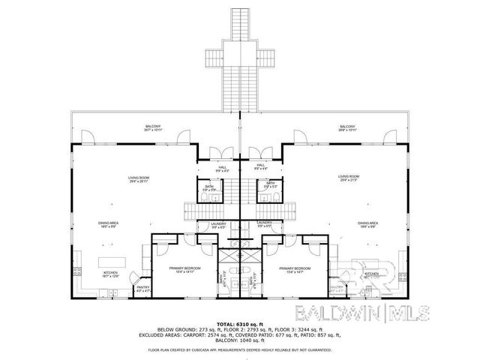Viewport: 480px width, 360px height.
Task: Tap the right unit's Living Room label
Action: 346,179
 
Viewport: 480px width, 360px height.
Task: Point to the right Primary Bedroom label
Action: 294,268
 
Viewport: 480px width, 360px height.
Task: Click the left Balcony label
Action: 153,127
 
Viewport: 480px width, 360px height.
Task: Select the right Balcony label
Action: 346,127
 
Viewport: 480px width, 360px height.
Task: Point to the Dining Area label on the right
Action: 367,223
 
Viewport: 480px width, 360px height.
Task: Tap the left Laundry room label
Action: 208,224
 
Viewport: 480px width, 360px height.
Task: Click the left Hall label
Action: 222,167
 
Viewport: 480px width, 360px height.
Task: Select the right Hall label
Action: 260,166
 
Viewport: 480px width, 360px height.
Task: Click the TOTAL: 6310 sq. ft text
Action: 240,324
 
